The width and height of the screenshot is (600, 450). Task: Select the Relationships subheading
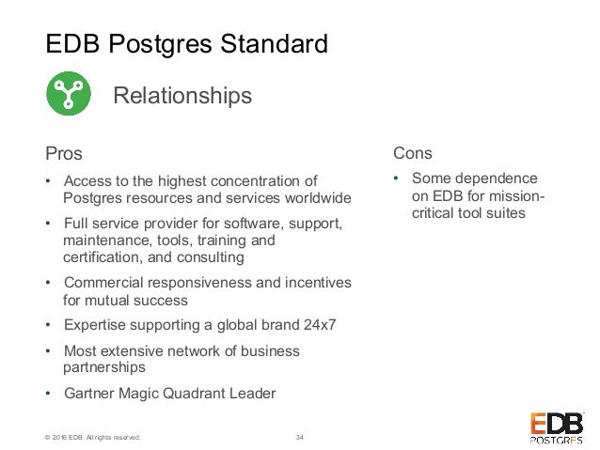[182, 96]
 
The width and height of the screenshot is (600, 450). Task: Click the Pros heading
[64, 152]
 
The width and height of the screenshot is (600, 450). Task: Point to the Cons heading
[414, 152]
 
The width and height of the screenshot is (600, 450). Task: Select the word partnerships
[104, 367]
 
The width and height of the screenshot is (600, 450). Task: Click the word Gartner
[88, 393]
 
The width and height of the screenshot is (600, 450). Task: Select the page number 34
[300, 436]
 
